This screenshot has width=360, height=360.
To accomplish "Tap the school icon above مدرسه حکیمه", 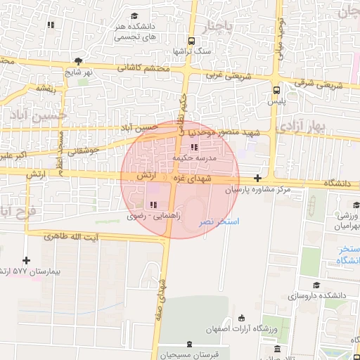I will [194, 148].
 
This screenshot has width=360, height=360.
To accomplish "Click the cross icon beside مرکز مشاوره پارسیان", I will [258, 179].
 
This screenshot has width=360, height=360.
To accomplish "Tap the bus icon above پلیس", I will [276, 90].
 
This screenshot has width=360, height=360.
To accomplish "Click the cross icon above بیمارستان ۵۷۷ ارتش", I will [27, 260].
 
